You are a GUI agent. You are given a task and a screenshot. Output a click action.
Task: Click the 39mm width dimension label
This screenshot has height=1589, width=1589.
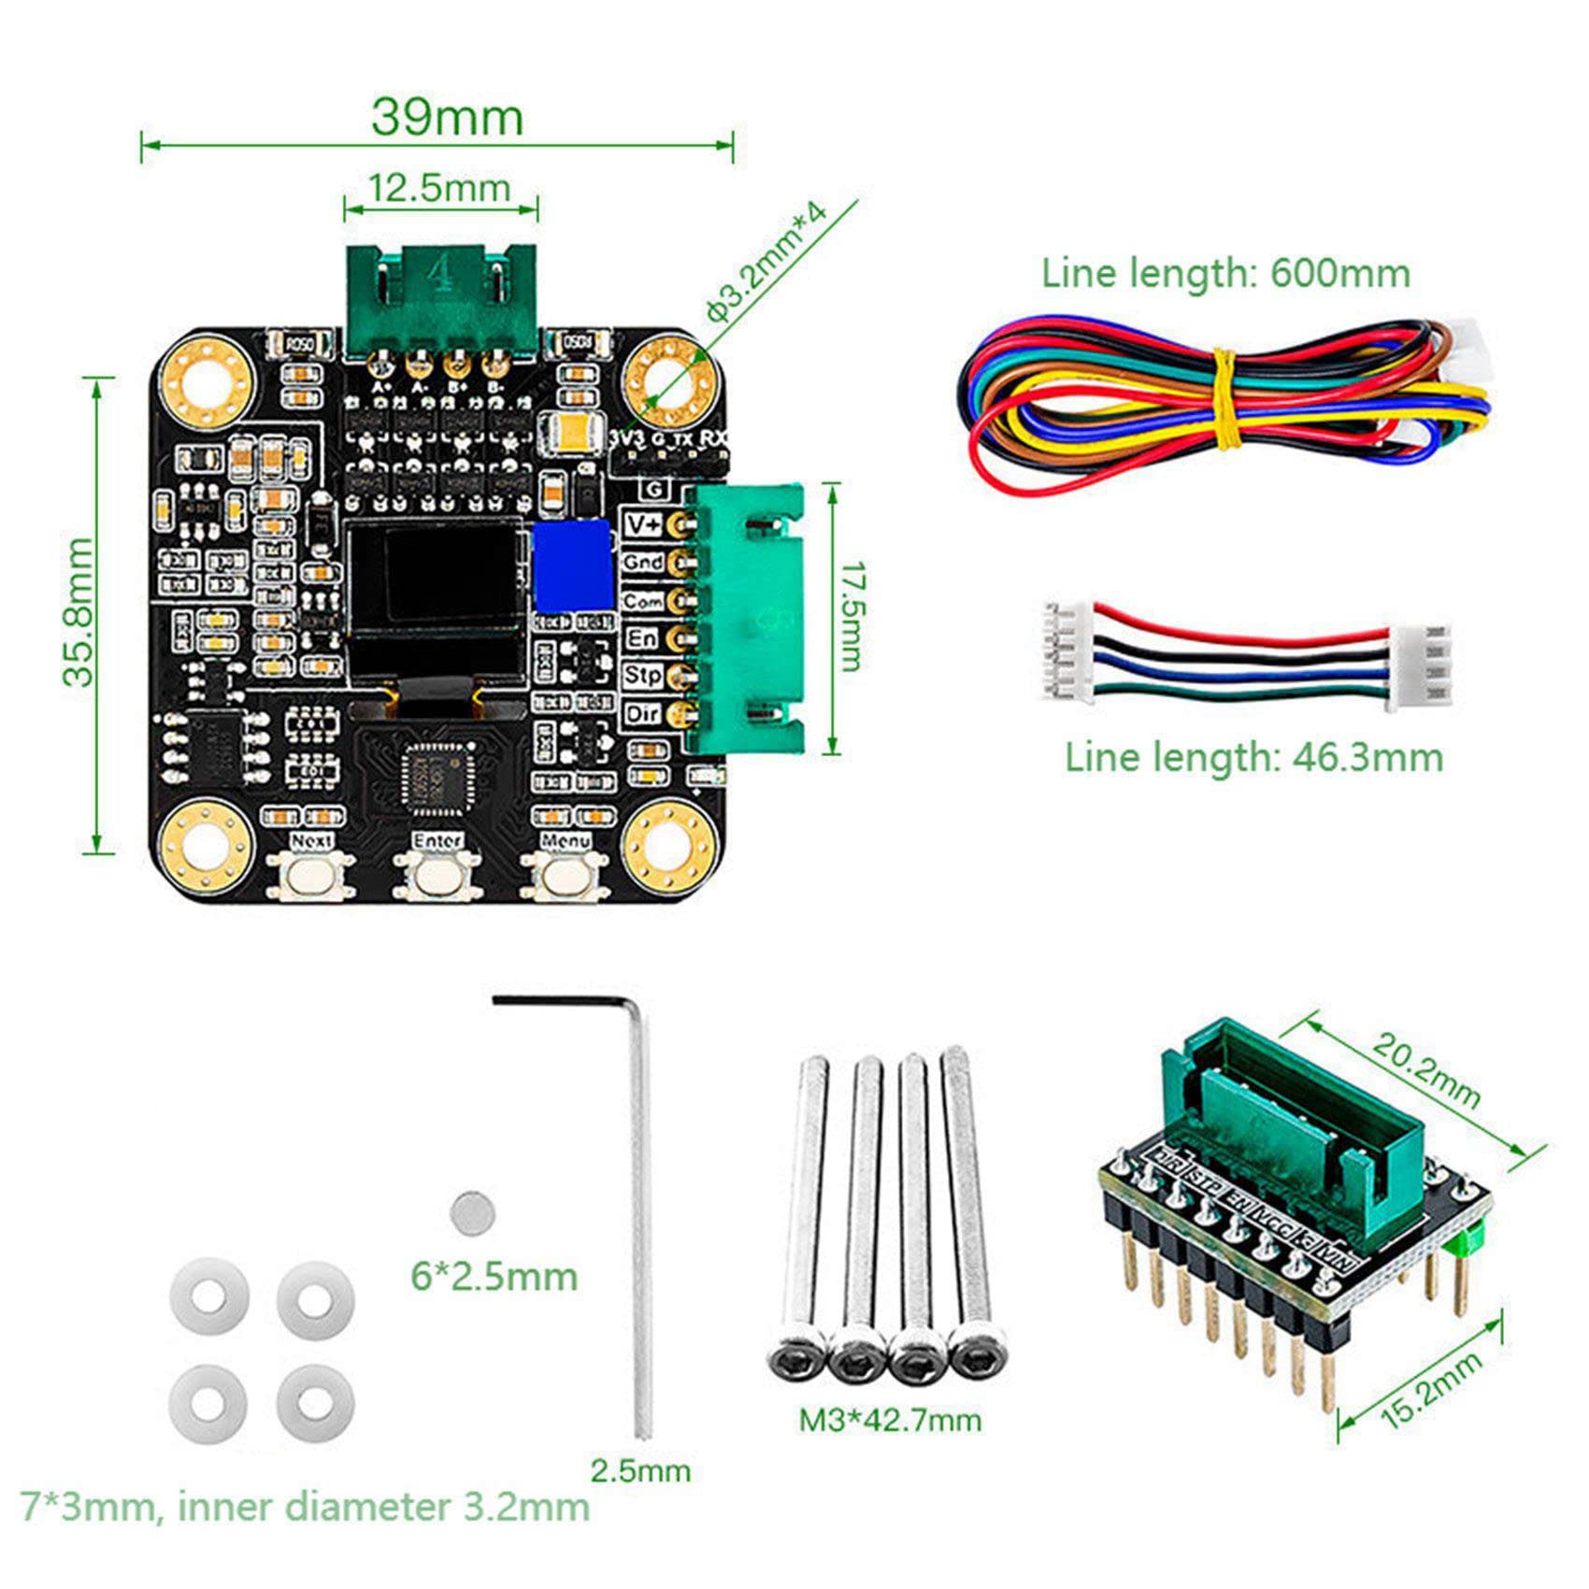pos(447,118)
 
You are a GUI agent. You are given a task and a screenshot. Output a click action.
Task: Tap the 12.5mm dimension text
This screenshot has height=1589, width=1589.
pos(439,188)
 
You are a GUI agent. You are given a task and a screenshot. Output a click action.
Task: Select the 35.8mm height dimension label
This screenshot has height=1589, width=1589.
pos(79,611)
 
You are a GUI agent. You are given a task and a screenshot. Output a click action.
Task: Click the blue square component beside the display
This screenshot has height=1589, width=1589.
pos(570,565)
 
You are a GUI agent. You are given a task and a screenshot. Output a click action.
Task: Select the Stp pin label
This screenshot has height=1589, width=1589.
pos(643,675)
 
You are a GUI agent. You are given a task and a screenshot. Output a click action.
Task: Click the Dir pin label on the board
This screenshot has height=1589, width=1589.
pos(643,714)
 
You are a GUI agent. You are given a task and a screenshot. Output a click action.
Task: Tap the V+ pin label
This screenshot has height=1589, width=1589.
pos(643,524)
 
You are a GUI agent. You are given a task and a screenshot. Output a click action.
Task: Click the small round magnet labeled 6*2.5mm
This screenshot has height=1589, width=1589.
pos(472,1213)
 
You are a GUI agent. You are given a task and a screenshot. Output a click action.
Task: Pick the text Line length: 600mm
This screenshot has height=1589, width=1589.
pos(1225,274)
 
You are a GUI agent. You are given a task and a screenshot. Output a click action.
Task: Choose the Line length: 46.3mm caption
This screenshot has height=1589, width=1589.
pos(1253,757)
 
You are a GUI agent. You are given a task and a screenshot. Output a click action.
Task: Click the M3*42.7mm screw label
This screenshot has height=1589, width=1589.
pos(890,1421)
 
